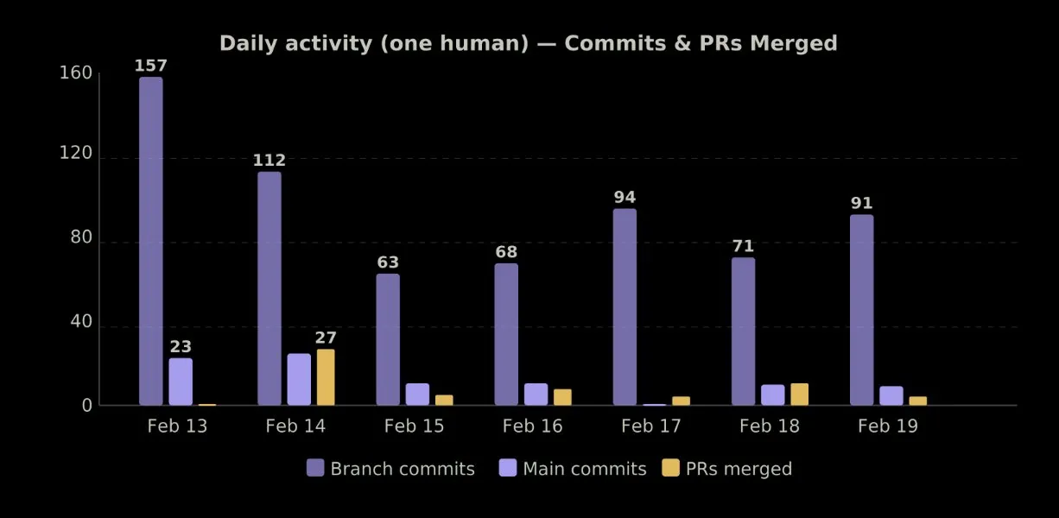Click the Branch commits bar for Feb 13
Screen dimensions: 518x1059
pos(151,241)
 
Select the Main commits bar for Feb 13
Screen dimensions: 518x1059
pos(181,382)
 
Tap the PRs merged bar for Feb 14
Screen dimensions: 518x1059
pos(326,377)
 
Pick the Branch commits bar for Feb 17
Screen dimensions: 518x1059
pos(625,306)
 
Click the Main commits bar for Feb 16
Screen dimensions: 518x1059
pos(536,395)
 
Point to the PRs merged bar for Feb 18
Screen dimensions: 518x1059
pos(799,395)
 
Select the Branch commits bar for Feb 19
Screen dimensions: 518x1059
pos(861,310)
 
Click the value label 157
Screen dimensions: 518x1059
pos(151,66)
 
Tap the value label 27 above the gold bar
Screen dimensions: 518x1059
pos(326,338)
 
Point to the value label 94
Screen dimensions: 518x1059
pos(625,198)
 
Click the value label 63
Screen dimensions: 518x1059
pos(388,262)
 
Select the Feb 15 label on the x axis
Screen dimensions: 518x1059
pos(414,426)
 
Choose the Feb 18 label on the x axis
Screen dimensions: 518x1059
pos(769,426)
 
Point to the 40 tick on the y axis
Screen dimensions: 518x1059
pos(80,322)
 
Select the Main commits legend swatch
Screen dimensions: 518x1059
pos(509,468)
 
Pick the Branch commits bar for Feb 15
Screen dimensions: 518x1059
pos(388,339)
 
